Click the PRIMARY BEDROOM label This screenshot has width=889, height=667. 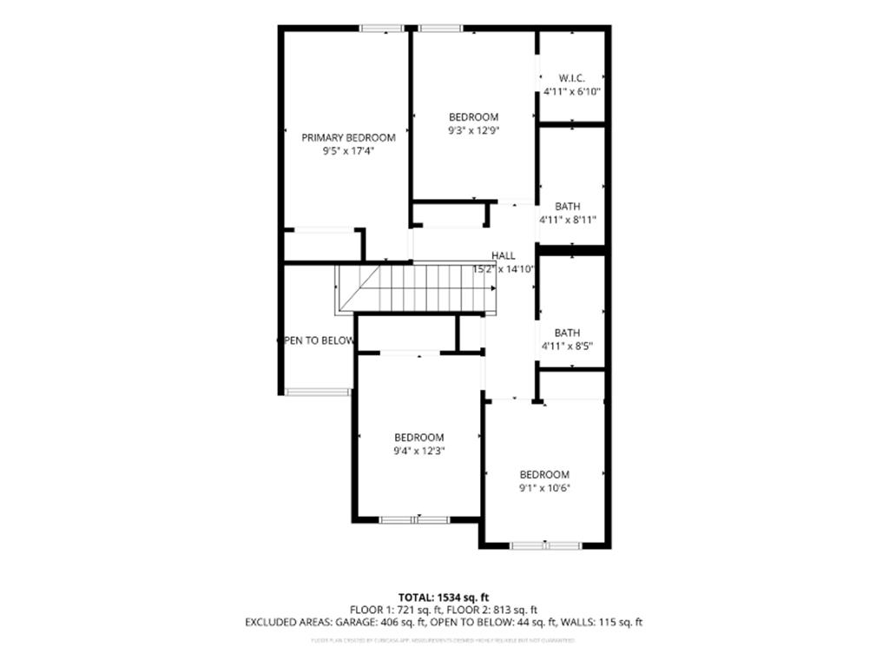pos(348,137)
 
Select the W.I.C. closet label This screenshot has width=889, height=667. pos(571,77)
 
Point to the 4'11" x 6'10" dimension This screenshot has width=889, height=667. pos(571,91)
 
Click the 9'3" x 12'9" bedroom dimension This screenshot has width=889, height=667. pos(473,130)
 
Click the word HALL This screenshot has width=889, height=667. pos(504,255)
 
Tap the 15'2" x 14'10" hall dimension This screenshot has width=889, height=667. pos(503,269)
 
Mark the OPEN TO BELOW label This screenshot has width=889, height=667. pos(316,340)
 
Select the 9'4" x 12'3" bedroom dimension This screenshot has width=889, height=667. pos(418,451)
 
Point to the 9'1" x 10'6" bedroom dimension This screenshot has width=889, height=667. pos(544,487)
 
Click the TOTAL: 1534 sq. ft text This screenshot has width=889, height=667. pos(444,598)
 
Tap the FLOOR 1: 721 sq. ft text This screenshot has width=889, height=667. pos(395,610)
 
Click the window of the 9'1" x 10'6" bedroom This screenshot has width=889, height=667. pos(544,545)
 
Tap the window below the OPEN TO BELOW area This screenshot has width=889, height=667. pos(318,392)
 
